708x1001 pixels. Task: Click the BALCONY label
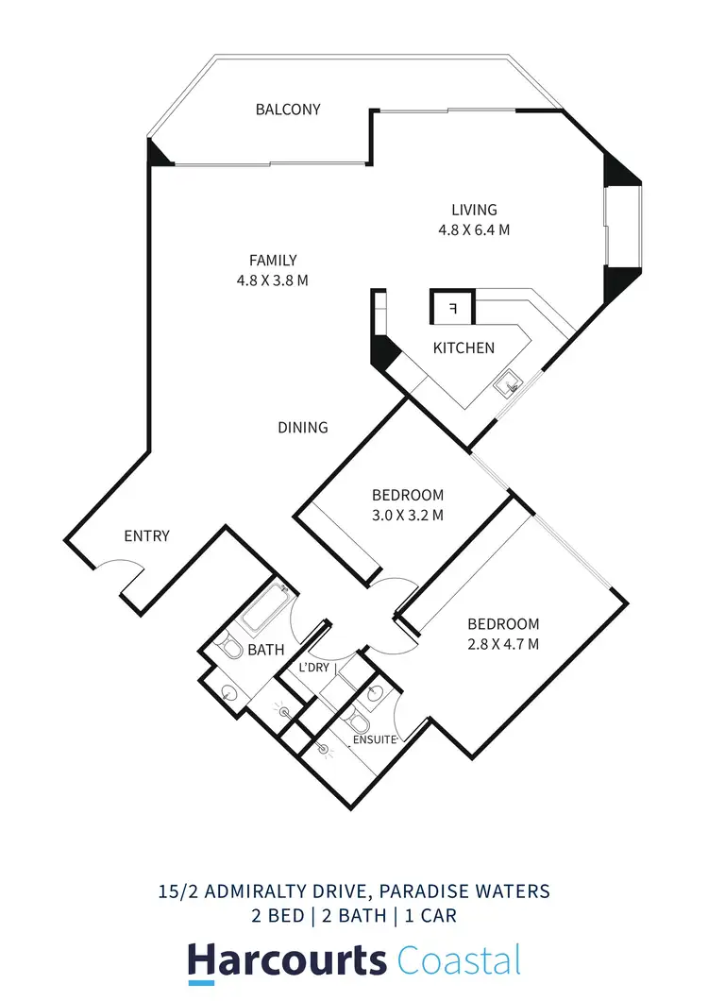(x=288, y=110)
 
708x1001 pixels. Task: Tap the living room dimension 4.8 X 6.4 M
(x=473, y=229)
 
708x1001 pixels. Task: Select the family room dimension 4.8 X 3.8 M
(x=273, y=280)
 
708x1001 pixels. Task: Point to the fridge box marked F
(x=452, y=309)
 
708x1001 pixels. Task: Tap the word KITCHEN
(x=464, y=348)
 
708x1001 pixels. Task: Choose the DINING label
(x=303, y=428)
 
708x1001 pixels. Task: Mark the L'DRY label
(x=316, y=669)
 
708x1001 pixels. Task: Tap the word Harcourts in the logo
(x=286, y=960)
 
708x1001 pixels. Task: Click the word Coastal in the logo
(x=459, y=960)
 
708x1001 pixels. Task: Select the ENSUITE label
(x=373, y=739)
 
